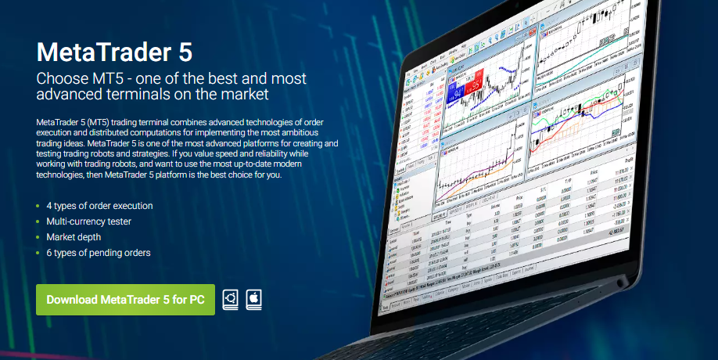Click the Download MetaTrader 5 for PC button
(x=125, y=300)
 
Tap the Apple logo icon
(x=253, y=300)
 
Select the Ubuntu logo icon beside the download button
(x=231, y=300)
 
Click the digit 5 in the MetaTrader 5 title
(x=181, y=52)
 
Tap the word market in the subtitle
(x=246, y=95)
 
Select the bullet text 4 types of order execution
(x=99, y=206)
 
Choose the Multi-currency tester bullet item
(x=88, y=221)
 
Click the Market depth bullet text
(x=74, y=237)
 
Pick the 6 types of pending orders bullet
(x=98, y=253)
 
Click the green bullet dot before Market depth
(x=38, y=238)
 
